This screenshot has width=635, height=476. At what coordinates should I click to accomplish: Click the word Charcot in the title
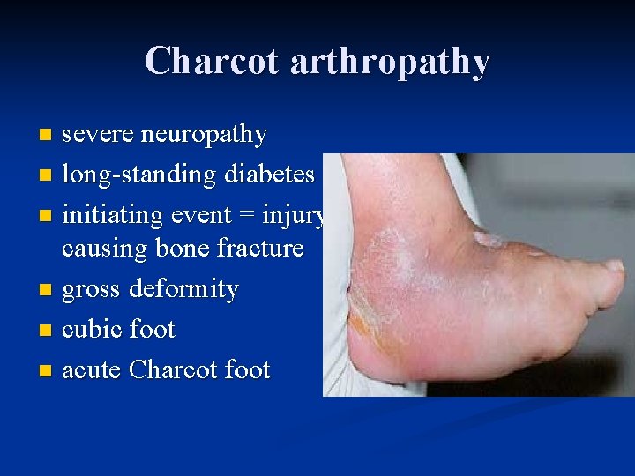click(x=212, y=62)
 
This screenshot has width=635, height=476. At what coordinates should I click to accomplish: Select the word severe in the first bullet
click(x=98, y=135)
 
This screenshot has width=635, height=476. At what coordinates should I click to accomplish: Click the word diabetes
click(x=268, y=175)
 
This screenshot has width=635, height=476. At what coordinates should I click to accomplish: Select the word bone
click(x=183, y=249)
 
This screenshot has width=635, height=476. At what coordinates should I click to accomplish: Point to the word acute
click(x=92, y=370)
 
